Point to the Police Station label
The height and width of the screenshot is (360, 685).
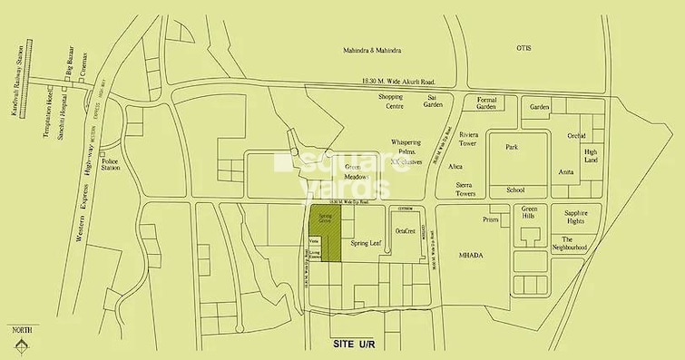coord(111,163)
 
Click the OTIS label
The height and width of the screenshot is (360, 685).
coord(522,47)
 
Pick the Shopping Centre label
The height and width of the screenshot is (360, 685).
coord(391,100)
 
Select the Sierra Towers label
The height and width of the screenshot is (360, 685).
coord(466,189)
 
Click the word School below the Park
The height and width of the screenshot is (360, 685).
coord(515,190)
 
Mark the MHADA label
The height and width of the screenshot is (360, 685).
coord(471,256)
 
